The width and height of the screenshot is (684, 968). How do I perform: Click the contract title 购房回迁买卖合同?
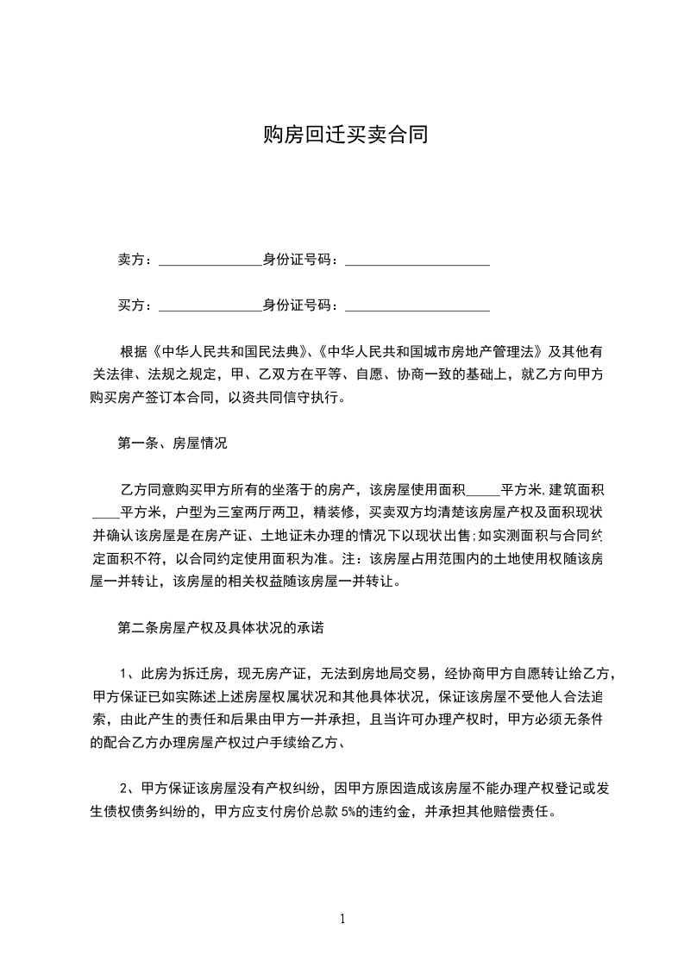click(x=345, y=135)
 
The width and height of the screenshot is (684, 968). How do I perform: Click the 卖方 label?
click(x=131, y=260)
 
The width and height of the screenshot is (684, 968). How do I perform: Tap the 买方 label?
click(x=131, y=305)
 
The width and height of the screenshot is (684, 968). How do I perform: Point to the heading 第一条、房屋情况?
click(x=172, y=443)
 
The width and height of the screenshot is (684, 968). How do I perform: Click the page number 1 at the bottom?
click(x=342, y=919)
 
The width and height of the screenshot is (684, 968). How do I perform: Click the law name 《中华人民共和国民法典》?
click(x=230, y=352)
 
